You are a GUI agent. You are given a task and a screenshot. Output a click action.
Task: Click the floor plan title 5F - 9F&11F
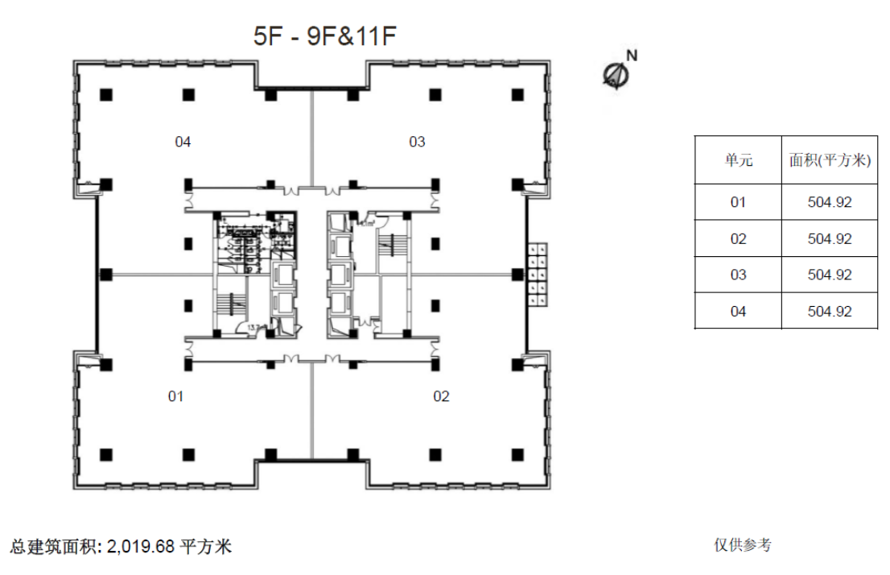pyautogui.click(x=324, y=35)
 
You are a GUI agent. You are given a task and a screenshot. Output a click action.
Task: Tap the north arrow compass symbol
pyautogui.click(x=616, y=74)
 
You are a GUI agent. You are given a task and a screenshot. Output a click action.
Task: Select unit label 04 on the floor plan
pyautogui.click(x=183, y=142)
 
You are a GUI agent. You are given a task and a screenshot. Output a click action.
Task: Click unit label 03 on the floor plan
pyautogui.click(x=417, y=142)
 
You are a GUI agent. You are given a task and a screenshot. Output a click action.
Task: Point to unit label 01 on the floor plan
pyautogui.click(x=176, y=396)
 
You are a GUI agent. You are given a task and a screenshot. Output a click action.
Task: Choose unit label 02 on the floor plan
pyautogui.click(x=441, y=396)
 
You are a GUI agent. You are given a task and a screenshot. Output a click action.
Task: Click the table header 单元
pyautogui.click(x=739, y=160)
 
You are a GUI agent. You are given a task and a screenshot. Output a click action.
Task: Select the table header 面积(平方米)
pyautogui.click(x=830, y=160)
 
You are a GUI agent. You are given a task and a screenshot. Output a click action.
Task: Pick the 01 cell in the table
pyautogui.click(x=738, y=202)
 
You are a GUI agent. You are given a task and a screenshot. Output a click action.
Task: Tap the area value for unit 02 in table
pyautogui.click(x=830, y=238)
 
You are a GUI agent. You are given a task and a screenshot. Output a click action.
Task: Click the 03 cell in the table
pyautogui.click(x=738, y=275)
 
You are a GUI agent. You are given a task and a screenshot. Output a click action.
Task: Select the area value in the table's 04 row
pyautogui.click(x=830, y=312)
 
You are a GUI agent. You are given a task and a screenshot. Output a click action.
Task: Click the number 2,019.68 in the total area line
pyautogui.click(x=140, y=547)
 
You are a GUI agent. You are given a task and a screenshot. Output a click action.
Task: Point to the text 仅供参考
pyautogui.click(x=743, y=545)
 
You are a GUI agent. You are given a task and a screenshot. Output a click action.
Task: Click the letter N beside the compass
pyautogui.click(x=632, y=56)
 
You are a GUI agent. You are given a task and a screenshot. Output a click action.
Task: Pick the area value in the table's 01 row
pyautogui.click(x=830, y=202)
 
